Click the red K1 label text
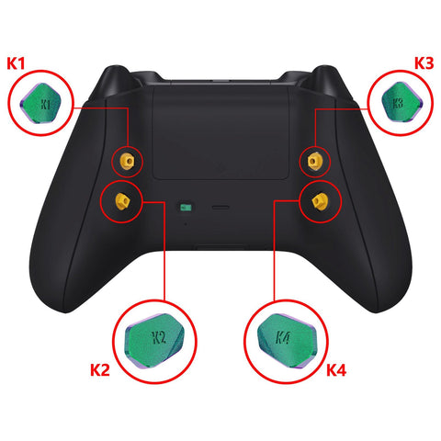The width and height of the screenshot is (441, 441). click(16, 63)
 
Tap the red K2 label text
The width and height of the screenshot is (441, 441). click(100, 369)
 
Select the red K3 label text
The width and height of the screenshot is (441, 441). click(424, 63)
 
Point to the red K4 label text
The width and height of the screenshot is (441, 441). click(336, 369)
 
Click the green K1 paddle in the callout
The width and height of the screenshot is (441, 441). click(40, 103)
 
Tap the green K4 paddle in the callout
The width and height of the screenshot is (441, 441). click(287, 341)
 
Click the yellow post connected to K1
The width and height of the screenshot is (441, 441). click(128, 161)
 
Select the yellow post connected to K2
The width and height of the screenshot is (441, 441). click(122, 200)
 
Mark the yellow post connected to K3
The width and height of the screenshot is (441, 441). click(314, 161)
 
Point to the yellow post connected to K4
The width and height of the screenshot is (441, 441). click(320, 201)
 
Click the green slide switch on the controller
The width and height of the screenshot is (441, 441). click(186, 208)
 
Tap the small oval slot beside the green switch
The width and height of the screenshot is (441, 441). click(220, 208)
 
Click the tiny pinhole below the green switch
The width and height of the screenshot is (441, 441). click(186, 224)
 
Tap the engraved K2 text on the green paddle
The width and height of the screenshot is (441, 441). click(159, 337)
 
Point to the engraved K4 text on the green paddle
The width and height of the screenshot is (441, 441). click(283, 337)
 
